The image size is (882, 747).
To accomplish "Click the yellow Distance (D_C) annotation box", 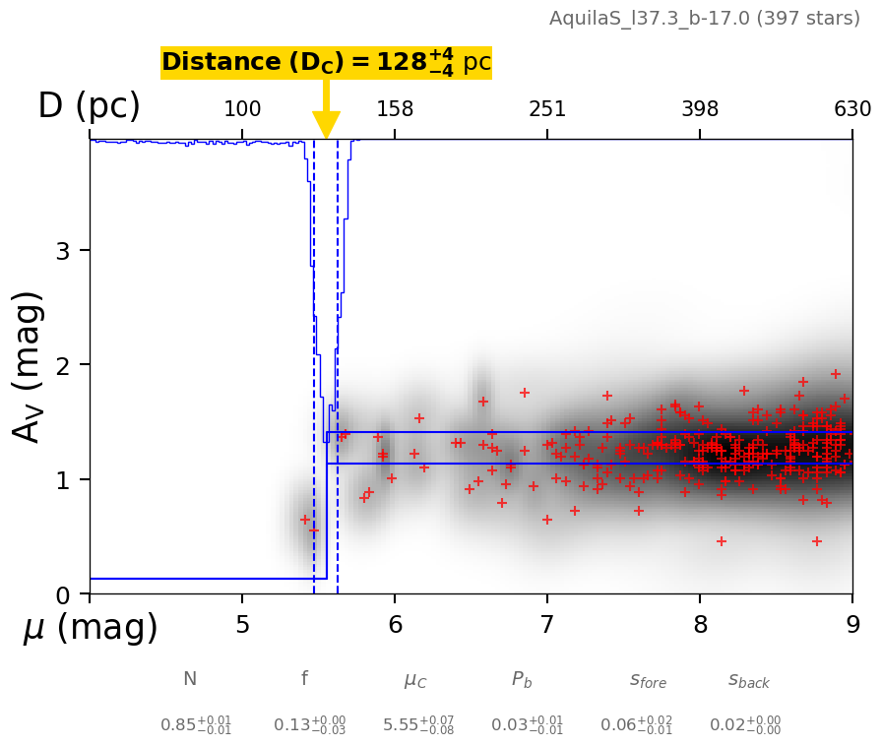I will pyautogui.click(x=326, y=63).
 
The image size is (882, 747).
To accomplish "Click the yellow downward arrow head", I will pyautogui.click(x=326, y=125).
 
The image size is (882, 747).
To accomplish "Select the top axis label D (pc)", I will pyautogui.click(x=89, y=106).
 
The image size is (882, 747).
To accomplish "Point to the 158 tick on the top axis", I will pyautogui.click(x=395, y=109).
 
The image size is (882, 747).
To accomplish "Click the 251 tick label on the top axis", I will pyautogui.click(x=547, y=109).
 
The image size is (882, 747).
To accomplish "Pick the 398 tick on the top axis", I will pyautogui.click(x=700, y=109).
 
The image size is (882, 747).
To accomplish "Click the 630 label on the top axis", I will pyautogui.click(x=852, y=109).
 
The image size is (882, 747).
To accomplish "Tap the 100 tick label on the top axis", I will pyautogui.click(x=242, y=109).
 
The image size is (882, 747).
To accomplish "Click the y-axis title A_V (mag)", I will pyautogui.click(x=29, y=366).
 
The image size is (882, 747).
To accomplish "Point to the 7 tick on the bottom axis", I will pyautogui.click(x=547, y=626).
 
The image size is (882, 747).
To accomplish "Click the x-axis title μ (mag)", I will pyautogui.click(x=91, y=628).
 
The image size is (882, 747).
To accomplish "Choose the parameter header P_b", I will pyautogui.click(x=523, y=679).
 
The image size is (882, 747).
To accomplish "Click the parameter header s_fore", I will pyautogui.click(x=648, y=679).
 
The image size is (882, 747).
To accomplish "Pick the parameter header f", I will pyautogui.click(x=304, y=679).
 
